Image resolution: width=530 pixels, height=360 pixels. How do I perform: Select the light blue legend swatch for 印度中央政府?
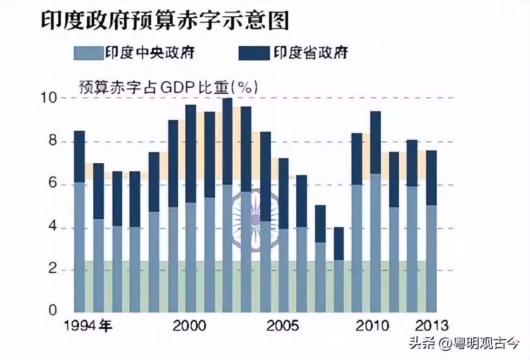click(87, 53)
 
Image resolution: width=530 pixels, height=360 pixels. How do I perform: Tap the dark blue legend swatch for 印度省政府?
click(253, 53)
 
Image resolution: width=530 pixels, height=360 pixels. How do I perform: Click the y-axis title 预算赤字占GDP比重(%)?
click(168, 86)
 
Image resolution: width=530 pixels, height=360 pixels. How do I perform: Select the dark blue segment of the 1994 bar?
click(79, 156)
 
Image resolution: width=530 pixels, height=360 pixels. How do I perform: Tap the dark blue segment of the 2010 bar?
click(375, 142)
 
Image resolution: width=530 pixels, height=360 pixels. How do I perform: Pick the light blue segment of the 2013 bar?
click(431, 259)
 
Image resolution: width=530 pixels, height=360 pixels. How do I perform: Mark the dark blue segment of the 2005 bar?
click(284, 193)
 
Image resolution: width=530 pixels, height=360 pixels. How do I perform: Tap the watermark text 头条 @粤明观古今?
click(464, 342)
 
